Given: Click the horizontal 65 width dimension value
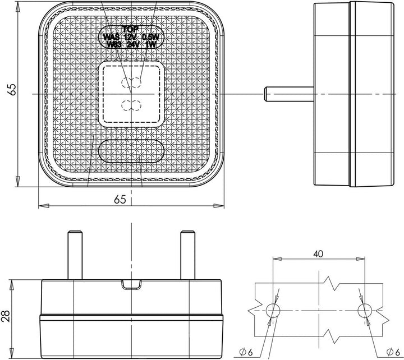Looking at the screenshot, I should click(x=120, y=199).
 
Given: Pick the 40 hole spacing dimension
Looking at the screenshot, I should click(x=318, y=254).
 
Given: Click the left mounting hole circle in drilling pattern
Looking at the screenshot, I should click(x=273, y=310).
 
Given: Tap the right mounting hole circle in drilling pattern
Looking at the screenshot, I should click(x=364, y=310).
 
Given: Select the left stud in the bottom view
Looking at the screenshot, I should click(x=72, y=255).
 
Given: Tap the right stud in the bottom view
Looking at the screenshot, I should click(x=186, y=255).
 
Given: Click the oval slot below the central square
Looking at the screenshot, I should click(x=131, y=151).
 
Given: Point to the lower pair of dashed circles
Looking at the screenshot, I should click(x=131, y=104).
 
